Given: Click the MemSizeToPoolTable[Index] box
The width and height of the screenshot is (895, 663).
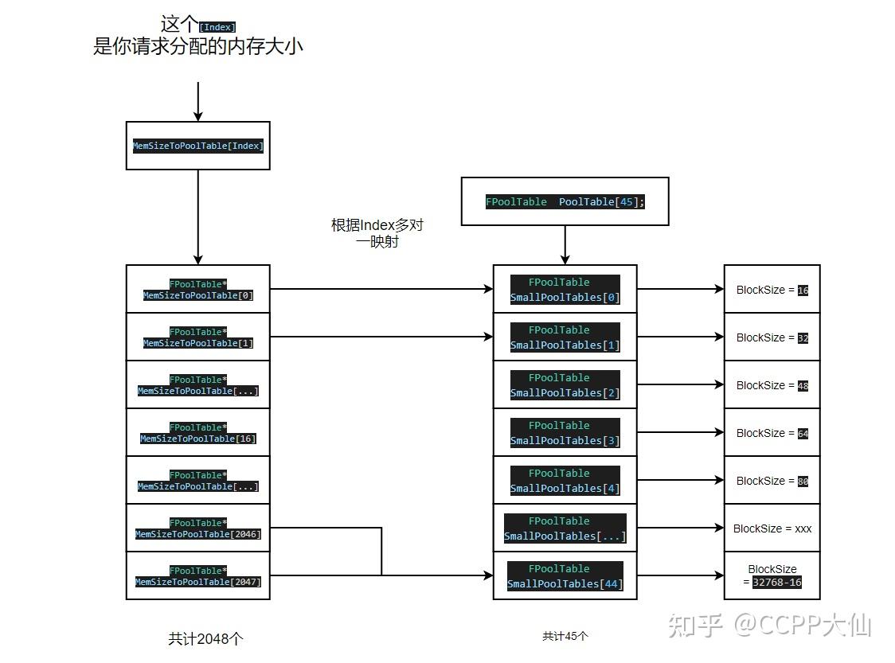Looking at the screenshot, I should click(197, 146).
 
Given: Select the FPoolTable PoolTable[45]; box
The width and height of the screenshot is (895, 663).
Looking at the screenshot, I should click(565, 201).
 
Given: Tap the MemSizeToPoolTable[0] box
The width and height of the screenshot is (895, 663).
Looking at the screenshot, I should click(197, 289).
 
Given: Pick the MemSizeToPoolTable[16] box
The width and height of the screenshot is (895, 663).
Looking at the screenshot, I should click(197, 432).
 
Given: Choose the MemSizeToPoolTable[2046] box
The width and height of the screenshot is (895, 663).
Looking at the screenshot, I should click(197, 528).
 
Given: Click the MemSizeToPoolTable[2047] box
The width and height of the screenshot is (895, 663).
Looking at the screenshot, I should click(197, 575).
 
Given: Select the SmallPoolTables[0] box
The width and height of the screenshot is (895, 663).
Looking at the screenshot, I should click(565, 289).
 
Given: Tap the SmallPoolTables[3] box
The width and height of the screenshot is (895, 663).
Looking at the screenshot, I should click(565, 432).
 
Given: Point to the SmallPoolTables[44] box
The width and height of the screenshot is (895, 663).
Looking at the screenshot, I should click(565, 575).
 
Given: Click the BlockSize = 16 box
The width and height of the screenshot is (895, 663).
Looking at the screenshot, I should click(772, 289).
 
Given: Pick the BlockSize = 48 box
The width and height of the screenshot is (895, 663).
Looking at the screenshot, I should click(772, 384).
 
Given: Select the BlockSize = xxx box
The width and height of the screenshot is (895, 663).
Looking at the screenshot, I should click(772, 528).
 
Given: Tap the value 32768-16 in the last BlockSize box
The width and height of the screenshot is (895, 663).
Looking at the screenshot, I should click(776, 582).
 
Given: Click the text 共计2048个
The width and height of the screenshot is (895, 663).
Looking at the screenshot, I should click(205, 638).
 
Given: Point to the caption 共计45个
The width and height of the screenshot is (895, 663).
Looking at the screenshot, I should click(565, 636).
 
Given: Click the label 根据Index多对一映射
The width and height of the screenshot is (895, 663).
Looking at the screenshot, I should click(377, 233).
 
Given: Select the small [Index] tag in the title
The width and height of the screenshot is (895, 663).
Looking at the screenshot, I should click(217, 27).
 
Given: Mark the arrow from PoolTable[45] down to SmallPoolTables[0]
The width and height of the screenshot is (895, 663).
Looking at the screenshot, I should click(565, 244).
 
